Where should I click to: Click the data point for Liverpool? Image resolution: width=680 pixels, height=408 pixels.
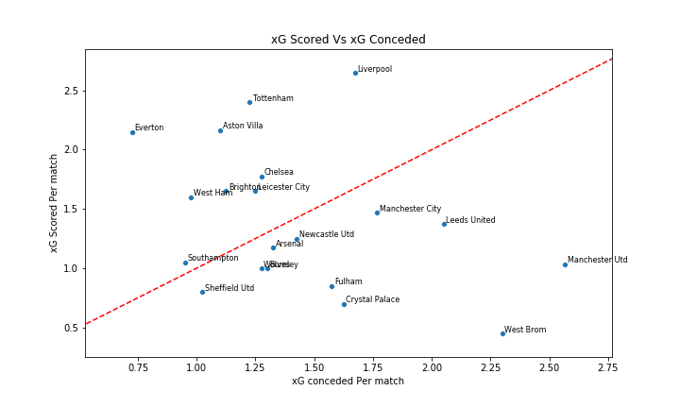coord(355,73)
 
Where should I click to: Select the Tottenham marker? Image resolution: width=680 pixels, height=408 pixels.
coord(249,102)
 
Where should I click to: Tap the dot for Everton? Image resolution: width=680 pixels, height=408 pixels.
coord(132,132)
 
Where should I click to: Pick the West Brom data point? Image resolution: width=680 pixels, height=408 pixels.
coord(502,333)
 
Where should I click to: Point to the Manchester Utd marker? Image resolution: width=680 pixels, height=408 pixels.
coord(565,264)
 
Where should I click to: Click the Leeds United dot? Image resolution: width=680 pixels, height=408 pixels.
coord(444,224)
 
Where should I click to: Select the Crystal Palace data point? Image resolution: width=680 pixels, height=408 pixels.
coord(344,304)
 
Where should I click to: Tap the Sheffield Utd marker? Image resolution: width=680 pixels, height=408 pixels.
coord(202,292)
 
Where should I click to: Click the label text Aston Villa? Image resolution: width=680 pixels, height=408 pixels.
coord(243,126)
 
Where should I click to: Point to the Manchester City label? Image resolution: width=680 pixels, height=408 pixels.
coord(410,209)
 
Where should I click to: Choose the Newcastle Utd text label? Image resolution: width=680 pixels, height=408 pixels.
coord(327,234)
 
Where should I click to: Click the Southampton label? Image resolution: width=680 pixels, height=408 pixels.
coord(212,258)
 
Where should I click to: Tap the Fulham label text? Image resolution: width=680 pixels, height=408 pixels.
coord(348,281)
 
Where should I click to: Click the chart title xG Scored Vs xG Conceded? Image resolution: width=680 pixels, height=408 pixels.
coord(348,40)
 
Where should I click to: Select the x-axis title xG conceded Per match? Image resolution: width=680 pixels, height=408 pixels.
coord(348,382)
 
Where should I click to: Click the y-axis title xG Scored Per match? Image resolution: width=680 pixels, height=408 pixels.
coord(54,203)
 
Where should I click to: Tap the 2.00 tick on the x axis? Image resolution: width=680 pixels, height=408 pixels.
coord(432,366)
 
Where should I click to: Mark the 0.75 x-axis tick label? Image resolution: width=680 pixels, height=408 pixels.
coord(137,366)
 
